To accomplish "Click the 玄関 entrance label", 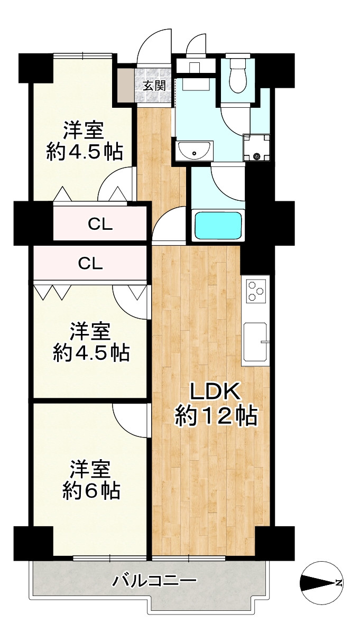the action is coord(154,86).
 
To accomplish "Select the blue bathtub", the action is coord(218,226).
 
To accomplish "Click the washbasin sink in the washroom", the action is coord(195,151).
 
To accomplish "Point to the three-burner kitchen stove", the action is coord(256,291).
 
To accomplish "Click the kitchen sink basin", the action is coord(256,342).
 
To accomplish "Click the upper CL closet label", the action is coord(100,224).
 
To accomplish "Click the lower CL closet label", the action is coord(90,263).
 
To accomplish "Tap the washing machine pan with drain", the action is coord(256,148).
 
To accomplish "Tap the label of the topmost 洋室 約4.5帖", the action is coord(85,141).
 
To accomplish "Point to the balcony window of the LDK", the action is coord(189,558).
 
